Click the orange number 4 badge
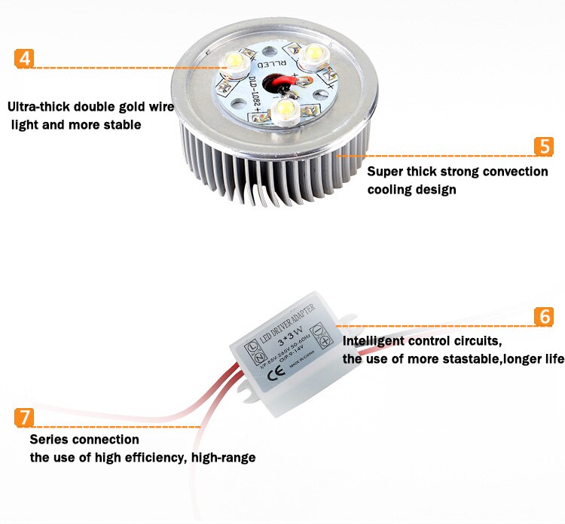tap(24, 59)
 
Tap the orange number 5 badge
tap(544, 146)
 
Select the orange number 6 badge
tap(544, 315)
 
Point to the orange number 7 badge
tap(24, 416)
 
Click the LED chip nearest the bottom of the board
tap(286, 108)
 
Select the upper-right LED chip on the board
tap(315, 53)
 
